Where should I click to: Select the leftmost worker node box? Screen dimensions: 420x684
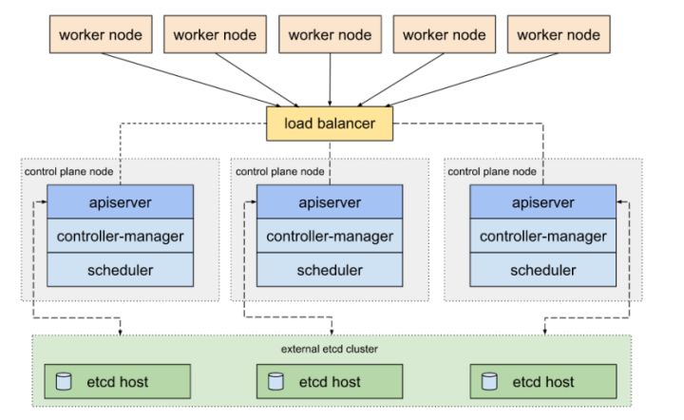point(101,35)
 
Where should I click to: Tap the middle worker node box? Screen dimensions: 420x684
point(330,35)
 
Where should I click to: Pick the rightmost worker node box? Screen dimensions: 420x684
point(559,35)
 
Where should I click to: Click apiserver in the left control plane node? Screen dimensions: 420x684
point(120,202)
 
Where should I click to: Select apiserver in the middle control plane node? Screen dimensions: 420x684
point(330,202)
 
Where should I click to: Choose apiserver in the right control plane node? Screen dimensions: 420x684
point(542,202)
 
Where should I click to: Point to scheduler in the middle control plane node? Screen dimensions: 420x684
point(330,270)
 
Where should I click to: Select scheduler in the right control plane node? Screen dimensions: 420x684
point(542,270)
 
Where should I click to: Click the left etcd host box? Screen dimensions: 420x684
point(120,382)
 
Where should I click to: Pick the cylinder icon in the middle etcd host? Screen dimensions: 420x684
point(275,382)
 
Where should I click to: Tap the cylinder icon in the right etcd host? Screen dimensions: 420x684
point(489,382)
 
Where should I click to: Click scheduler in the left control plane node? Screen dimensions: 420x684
point(120,270)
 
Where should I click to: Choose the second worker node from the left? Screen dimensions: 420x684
point(215,35)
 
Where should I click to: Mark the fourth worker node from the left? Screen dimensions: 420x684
point(445,35)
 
